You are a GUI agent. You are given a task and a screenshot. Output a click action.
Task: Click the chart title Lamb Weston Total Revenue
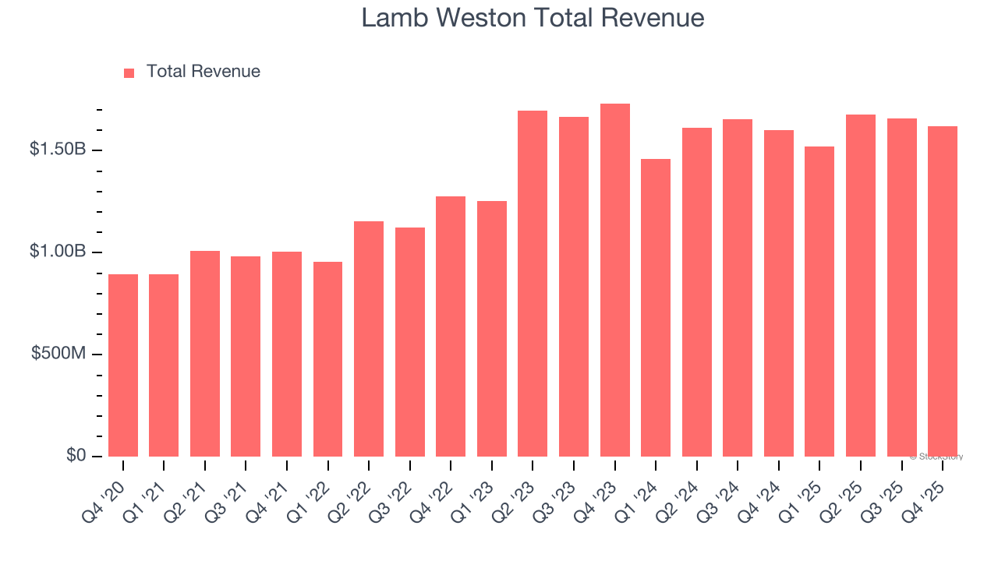(x=533, y=18)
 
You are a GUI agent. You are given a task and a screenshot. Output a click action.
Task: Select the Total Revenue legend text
(x=203, y=72)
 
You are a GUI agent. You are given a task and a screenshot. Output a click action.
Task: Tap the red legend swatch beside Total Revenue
(x=129, y=72)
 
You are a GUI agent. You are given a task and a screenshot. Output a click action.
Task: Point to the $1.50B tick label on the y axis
(x=58, y=150)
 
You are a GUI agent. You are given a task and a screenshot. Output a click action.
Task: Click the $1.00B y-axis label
(x=58, y=252)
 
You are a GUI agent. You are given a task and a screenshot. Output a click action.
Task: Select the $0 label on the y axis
(x=76, y=456)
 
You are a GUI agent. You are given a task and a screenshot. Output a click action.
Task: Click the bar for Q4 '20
(x=123, y=365)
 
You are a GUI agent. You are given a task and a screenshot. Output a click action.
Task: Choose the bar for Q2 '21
(x=205, y=354)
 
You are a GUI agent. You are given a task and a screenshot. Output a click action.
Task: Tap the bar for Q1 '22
(x=327, y=359)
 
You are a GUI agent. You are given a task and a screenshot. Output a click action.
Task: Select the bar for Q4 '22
(x=451, y=326)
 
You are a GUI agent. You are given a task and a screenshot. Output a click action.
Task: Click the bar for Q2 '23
(x=533, y=284)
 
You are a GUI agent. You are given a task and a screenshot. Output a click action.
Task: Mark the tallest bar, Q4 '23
(x=615, y=280)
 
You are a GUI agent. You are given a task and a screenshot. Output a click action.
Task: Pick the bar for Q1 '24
(x=656, y=308)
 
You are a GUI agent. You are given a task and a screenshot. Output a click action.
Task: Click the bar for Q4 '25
(x=943, y=291)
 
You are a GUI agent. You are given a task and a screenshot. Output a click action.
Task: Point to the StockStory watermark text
(x=936, y=457)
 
